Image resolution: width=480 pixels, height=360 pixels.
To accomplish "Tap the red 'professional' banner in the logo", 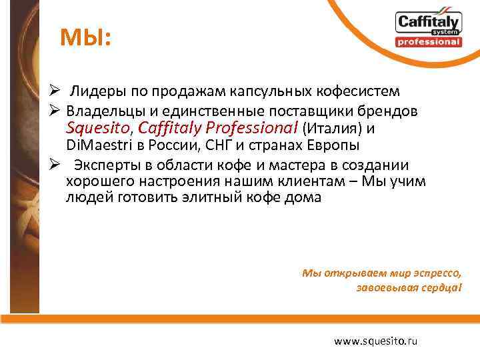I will pyautogui.click(x=428, y=42).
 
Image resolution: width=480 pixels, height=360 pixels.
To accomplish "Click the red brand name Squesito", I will pyautogui.click(x=99, y=127).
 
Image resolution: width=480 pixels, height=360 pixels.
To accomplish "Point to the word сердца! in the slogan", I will pyautogui.click(x=439, y=288).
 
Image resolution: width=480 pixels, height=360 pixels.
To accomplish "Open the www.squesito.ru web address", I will pyautogui.click(x=376, y=341).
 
